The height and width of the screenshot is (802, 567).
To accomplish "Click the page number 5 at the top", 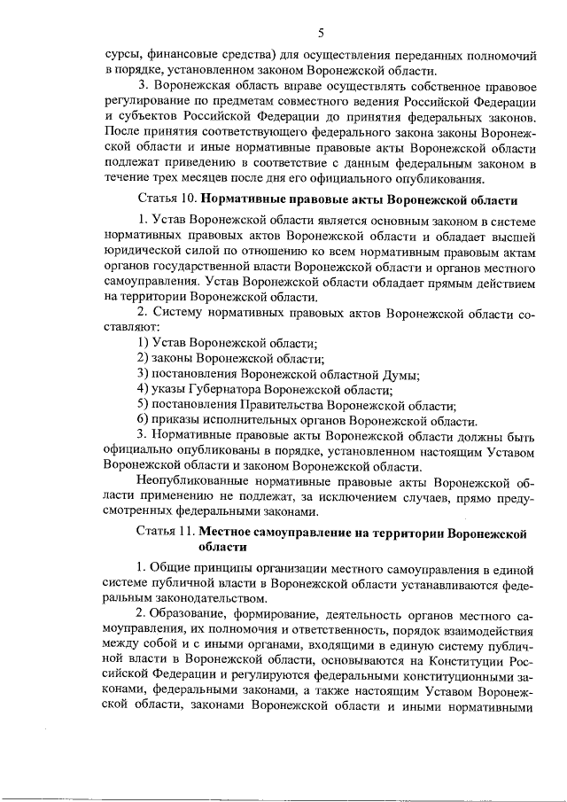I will [x=322, y=33].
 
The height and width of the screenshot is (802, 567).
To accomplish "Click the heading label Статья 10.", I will [x=168, y=198].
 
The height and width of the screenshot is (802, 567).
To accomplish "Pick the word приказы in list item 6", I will [x=177, y=421].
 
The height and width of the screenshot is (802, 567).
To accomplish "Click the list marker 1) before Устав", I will [x=143, y=343].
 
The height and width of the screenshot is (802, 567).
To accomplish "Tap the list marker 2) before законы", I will [x=143, y=358].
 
